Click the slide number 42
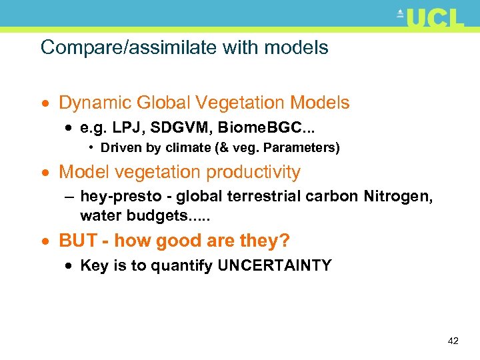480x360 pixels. pyautogui.click(x=453, y=341)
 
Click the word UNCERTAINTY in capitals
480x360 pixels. pyautogui.click(x=275, y=265)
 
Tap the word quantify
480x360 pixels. pyautogui.click(x=183, y=266)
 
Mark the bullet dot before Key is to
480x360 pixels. pyautogui.click(x=69, y=266)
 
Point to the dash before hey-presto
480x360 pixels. pyautogui.click(x=69, y=196)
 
